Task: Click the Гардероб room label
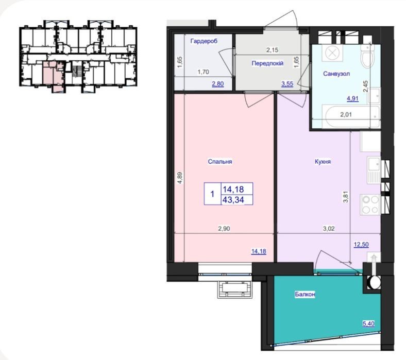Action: click(x=204, y=41)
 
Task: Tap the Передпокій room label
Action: click(x=267, y=63)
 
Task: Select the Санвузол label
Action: click(x=336, y=74)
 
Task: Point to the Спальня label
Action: click(x=220, y=162)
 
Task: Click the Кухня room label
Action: click(x=323, y=162)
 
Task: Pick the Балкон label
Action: click(x=305, y=294)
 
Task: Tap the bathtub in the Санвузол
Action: click(x=350, y=116)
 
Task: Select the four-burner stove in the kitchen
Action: click(x=370, y=204)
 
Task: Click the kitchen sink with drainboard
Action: click(x=374, y=170)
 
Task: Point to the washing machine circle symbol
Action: click(x=332, y=54)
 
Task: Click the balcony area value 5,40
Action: click(x=368, y=323)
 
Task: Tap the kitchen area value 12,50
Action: click(x=361, y=244)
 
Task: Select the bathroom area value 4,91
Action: click(x=352, y=98)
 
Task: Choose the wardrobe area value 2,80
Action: click(x=218, y=83)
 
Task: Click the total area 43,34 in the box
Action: click(x=233, y=199)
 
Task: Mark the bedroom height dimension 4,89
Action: click(x=180, y=178)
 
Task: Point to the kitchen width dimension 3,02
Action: click(x=329, y=229)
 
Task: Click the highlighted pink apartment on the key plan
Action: click(x=53, y=75)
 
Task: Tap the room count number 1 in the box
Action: click(x=212, y=194)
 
